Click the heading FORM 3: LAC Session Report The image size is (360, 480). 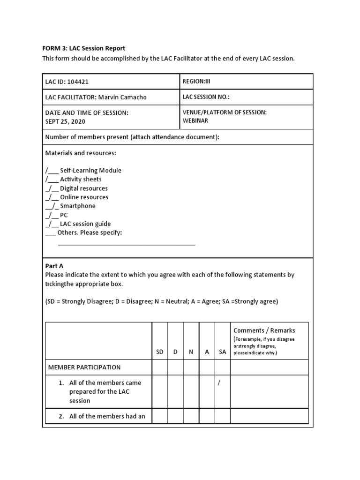[x=84, y=48]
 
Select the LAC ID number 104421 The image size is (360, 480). [x=78, y=82]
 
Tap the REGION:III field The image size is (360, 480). [x=196, y=81]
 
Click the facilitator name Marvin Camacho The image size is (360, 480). [x=122, y=97]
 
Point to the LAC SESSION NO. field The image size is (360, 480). [x=206, y=97]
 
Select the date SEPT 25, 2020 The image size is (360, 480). [x=65, y=121]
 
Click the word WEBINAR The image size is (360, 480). [x=195, y=120]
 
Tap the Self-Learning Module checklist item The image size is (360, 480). [x=90, y=171]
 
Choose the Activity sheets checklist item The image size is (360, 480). [x=81, y=180]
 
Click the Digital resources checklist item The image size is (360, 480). [x=83, y=188]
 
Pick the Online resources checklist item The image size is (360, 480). [x=84, y=197]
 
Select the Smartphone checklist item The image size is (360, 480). [x=77, y=206]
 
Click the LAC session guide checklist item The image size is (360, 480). [x=85, y=224]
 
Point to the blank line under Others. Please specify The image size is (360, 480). [x=127, y=244]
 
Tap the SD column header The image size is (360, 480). [x=160, y=352]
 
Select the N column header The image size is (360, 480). [x=191, y=352]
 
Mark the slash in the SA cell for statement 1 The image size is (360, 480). [x=219, y=383]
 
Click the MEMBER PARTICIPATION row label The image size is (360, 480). [x=84, y=367]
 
